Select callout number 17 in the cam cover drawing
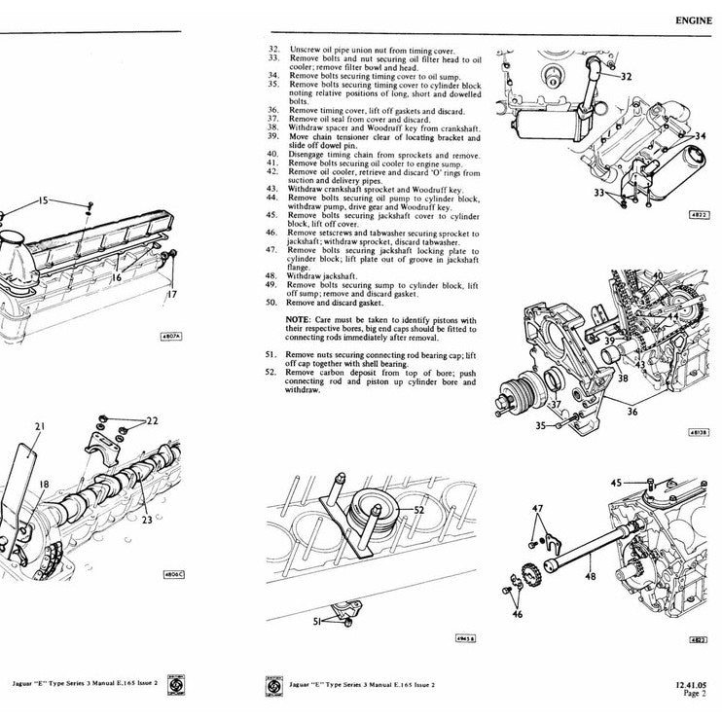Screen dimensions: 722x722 [171, 295]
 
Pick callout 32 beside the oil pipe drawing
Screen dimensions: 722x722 [626, 76]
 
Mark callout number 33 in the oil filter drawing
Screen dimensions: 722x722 [598, 194]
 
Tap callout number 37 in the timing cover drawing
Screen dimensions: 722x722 [556, 404]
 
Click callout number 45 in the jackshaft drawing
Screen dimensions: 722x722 [617, 482]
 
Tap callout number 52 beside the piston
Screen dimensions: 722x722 [418, 510]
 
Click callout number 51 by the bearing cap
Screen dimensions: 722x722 [316, 621]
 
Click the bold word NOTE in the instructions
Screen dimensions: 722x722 [298, 320]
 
